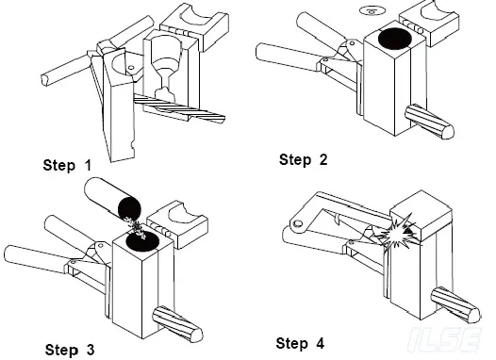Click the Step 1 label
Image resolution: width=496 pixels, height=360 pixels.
(x=67, y=165)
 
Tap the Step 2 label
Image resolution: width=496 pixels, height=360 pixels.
(x=304, y=159)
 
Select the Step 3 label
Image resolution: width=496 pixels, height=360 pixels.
(x=70, y=350)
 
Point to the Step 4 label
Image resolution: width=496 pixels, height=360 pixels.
(x=300, y=344)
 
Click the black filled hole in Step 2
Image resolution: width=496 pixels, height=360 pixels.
(x=395, y=39)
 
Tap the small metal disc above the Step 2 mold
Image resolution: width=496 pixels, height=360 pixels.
(x=373, y=10)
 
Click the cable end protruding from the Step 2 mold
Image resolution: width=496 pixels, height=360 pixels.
(x=430, y=122)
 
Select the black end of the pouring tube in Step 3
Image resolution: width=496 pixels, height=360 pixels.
(x=129, y=208)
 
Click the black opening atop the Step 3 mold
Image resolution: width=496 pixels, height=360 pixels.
(x=142, y=242)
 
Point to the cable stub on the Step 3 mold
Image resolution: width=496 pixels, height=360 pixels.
(x=177, y=324)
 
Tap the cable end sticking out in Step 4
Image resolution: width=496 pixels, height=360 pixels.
(x=455, y=305)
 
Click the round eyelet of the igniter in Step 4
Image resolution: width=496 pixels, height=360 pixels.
(x=298, y=223)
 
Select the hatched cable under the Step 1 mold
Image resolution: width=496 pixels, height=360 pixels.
(x=179, y=108)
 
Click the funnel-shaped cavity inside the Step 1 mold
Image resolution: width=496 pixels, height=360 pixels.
(x=166, y=67)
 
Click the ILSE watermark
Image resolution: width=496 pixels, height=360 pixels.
(x=445, y=340)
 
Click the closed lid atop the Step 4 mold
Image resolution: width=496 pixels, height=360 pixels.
(x=422, y=216)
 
